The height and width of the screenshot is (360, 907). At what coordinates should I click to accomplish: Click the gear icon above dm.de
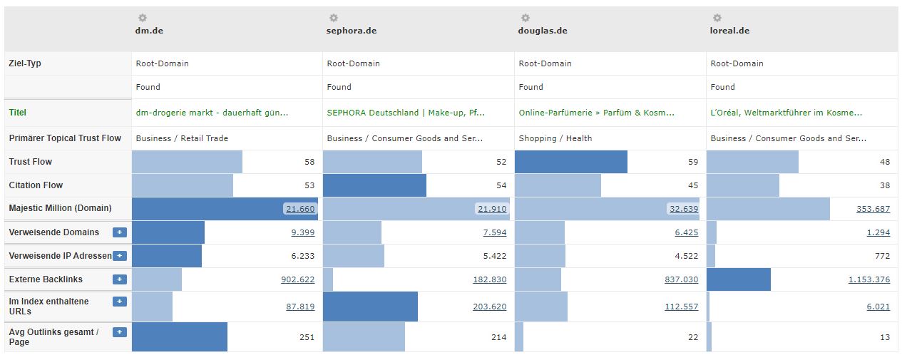coord(143,18)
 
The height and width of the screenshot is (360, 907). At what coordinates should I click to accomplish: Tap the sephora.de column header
coord(352,31)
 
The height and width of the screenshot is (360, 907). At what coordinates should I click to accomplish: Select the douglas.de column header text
coord(543,31)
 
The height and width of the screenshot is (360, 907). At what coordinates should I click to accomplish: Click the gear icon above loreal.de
coord(717,18)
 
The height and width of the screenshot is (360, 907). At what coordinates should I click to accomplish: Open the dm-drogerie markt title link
coord(212,113)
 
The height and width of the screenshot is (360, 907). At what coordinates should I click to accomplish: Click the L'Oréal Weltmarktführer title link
coord(786,113)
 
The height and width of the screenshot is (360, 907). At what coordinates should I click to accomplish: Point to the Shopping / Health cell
coord(555,138)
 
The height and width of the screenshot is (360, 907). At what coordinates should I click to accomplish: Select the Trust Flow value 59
coord(693,162)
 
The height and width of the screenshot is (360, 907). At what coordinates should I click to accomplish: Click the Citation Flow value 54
coord(501,185)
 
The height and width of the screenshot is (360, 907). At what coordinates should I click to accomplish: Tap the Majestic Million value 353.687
coord(873,209)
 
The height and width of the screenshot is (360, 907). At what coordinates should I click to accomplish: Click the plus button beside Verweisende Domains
coord(120,232)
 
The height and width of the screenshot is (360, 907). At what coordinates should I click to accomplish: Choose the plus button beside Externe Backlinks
coord(120,279)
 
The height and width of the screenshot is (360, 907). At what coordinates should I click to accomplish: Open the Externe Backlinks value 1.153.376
coord(869,279)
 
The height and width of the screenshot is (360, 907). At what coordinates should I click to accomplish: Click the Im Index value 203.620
coord(490,307)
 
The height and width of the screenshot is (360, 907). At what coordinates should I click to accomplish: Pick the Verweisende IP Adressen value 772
coord(882,256)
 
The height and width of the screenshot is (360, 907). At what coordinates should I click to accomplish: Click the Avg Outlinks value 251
coord(307,337)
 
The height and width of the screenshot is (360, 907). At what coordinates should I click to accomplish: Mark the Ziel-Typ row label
coord(25,63)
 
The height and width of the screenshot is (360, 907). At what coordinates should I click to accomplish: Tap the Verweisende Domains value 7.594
coord(495,232)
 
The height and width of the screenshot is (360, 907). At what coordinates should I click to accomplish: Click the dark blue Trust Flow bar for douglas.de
coord(571,162)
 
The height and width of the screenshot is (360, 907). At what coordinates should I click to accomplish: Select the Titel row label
coord(17,113)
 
